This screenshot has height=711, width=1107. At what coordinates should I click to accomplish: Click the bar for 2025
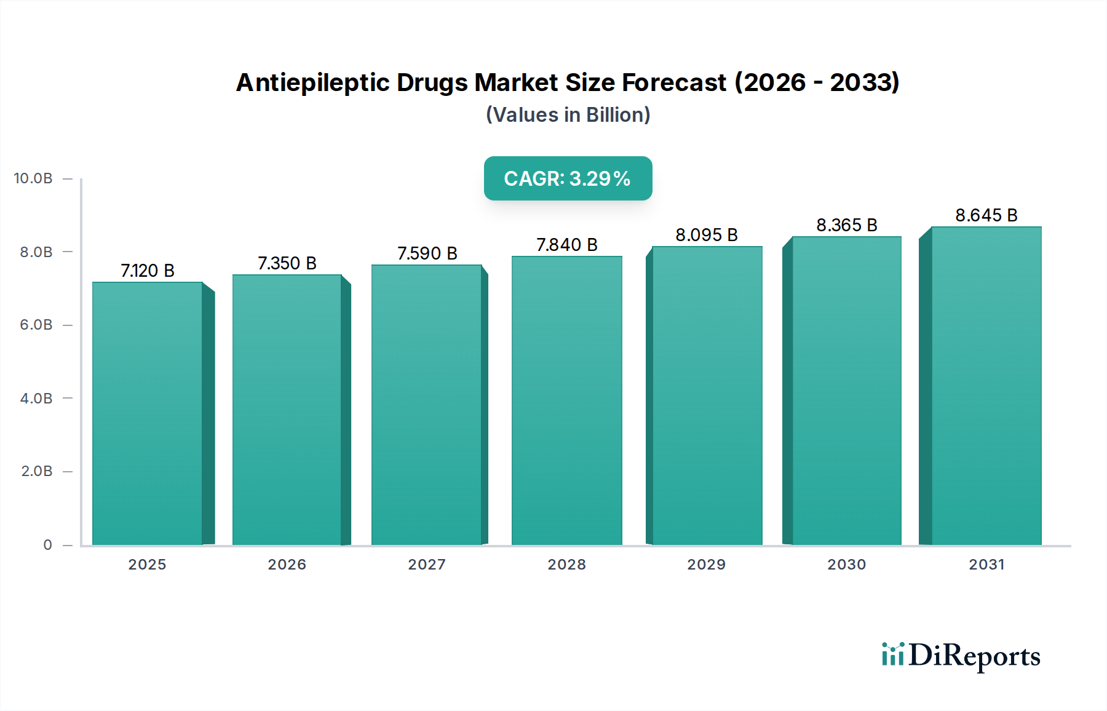148,413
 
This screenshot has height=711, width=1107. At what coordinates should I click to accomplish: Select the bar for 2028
566,400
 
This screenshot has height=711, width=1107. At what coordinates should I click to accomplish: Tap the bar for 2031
986,386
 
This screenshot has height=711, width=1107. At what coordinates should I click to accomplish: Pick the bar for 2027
426,405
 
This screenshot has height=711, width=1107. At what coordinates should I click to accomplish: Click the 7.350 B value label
287,263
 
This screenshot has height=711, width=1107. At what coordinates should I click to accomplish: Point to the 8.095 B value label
706,235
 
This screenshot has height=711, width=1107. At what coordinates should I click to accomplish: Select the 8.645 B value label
986,215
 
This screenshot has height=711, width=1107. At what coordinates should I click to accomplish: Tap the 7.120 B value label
148,271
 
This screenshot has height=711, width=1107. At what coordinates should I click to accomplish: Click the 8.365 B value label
846,225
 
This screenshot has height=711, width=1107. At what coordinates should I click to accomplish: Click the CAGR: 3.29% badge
568,178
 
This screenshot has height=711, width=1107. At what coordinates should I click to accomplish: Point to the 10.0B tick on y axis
33,178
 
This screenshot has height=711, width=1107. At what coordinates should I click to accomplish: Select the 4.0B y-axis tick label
36,398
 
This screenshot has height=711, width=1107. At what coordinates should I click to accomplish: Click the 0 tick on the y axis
47,544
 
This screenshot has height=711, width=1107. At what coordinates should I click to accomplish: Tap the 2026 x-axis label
287,564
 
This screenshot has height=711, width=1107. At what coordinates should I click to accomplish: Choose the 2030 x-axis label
846,564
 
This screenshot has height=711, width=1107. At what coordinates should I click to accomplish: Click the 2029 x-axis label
706,564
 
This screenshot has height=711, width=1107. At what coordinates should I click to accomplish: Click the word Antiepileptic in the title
312,82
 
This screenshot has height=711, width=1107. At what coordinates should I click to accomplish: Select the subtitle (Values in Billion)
568,115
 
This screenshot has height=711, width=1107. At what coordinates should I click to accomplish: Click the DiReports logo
961,656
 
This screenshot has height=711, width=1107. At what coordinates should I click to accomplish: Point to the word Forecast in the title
673,82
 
